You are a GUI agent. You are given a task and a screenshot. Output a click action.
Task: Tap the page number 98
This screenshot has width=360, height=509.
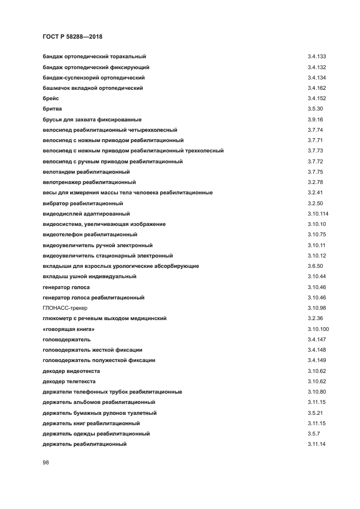(46, 462)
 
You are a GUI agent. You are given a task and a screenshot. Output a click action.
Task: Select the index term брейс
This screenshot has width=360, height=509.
(51, 99)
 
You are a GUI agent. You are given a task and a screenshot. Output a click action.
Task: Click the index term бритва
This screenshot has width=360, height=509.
(52, 109)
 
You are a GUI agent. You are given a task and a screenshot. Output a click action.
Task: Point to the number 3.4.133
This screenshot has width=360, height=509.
(316, 57)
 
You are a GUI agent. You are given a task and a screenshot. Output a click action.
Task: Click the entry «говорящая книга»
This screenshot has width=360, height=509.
(65, 329)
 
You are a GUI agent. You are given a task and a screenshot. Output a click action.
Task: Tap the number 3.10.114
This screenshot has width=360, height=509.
(318, 214)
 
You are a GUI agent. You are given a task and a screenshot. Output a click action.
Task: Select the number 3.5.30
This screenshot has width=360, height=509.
(315, 109)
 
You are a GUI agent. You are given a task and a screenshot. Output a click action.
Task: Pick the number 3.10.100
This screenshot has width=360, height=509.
(318, 329)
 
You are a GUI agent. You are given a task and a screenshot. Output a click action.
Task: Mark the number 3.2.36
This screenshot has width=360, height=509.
(315, 318)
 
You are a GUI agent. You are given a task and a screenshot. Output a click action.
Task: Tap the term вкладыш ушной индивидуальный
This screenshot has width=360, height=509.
(89, 277)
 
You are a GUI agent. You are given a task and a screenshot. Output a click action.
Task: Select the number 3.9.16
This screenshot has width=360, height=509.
(315, 119)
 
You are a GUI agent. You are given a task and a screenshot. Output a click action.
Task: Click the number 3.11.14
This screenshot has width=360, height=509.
(316, 445)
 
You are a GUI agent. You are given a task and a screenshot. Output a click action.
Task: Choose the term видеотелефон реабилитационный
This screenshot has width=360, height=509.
(90, 235)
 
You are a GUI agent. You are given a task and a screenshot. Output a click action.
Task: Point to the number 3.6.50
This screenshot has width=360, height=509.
(315, 266)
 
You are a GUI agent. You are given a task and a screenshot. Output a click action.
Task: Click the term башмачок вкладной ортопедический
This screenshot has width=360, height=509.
(93, 88)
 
